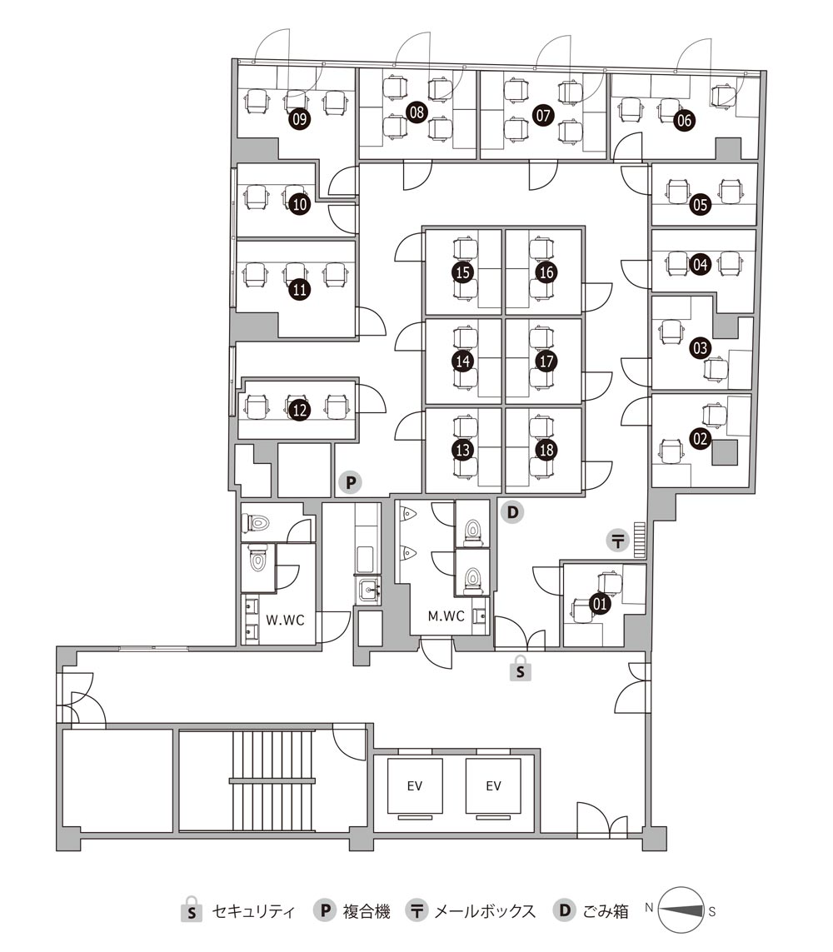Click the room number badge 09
(x=299, y=118)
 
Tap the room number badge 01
(x=600, y=604)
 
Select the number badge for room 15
(x=463, y=272)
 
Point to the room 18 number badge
(x=546, y=450)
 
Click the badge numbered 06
(x=684, y=120)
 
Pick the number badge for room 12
(x=300, y=410)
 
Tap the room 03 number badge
(x=701, y=348)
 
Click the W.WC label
(x=285, y=620)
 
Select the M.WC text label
(x=446, y=616)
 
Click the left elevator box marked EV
(x=415, y=785)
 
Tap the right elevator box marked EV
(x=493, y=785)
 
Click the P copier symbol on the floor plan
(x=351, y=483)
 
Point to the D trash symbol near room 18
(x=513, y=512)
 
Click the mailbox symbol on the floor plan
(x=618, y=540)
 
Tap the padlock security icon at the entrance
(x=521, y=668)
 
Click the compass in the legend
(x=681, y=910)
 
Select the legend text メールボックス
(x=485, y=911)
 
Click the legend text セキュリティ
(x=253, y=911)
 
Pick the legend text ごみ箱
(x=606, y=911)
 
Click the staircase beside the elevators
(x=272, y=780)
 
